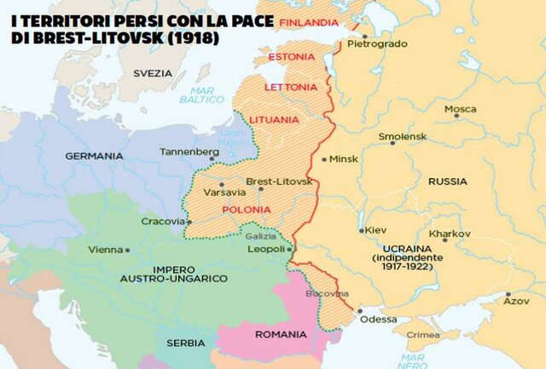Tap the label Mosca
(460, 109)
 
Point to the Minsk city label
(343, 159)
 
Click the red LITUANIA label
(270, 119)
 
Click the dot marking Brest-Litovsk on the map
(260, 189)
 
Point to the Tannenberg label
(189, 152)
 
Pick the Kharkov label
(450, 233)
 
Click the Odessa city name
(379, 320)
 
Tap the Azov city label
(516, 301)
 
